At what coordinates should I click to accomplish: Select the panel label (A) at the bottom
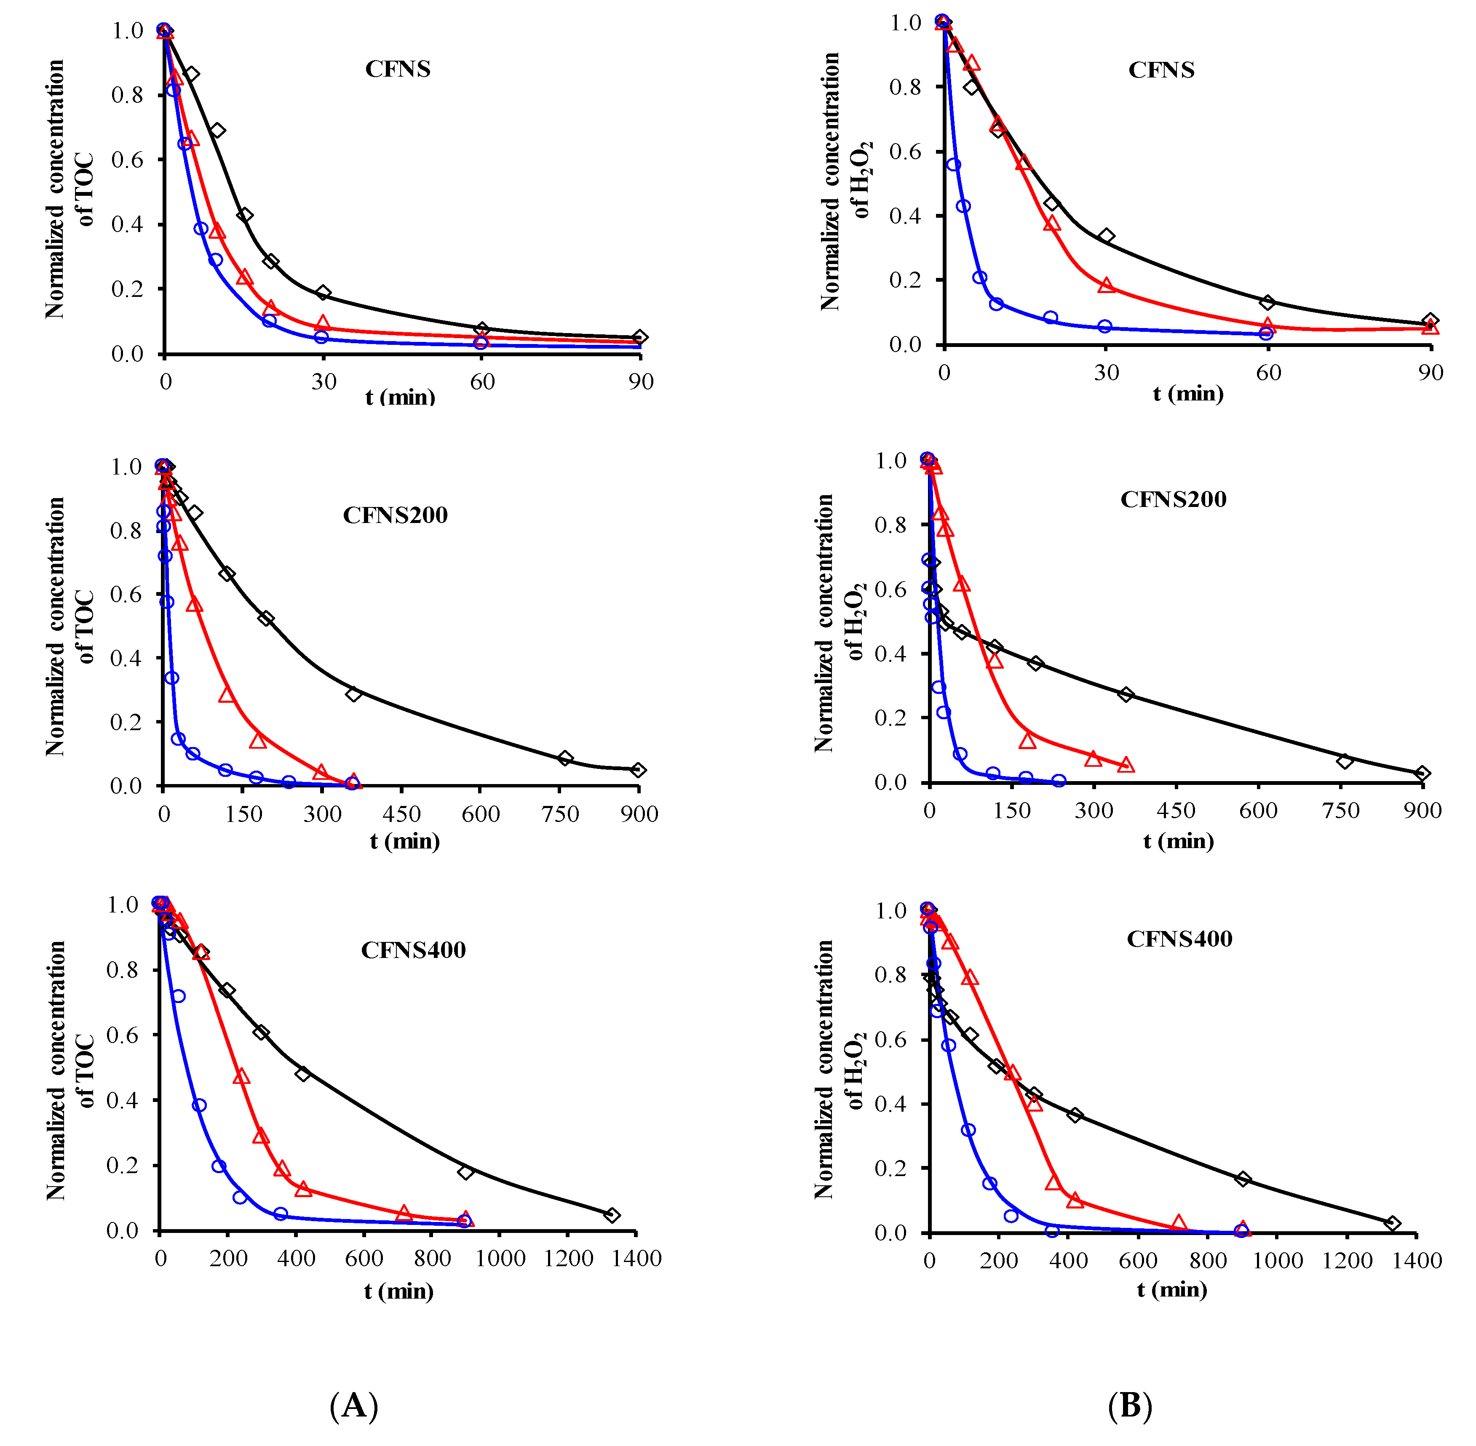[x=353, y=1405]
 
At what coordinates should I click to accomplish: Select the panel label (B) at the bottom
[x=1130, y=1405]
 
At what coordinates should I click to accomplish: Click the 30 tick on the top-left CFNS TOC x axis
[x=324, y=382]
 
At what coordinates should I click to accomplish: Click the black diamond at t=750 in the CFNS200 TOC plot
[x=564, y=758]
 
